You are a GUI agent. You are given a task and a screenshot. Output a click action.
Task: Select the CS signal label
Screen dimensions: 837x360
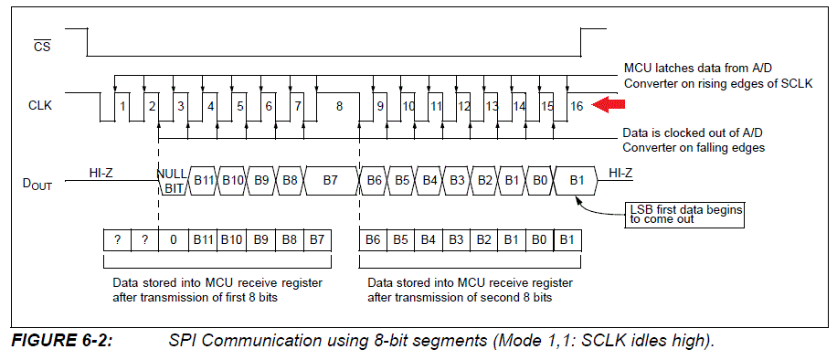[43, 46]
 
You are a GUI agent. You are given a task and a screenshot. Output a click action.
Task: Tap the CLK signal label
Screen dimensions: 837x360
[40, 106]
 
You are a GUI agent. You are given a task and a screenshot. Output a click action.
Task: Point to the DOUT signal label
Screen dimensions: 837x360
[37, 185]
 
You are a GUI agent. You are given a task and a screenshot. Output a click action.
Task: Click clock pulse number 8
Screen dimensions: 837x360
[339, 106]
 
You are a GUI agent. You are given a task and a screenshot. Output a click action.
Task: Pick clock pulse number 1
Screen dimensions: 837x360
[122, 106]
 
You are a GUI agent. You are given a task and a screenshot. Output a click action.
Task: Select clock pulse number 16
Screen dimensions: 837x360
[576, 106]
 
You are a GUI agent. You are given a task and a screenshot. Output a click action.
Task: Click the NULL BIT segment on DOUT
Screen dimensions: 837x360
[173, 181]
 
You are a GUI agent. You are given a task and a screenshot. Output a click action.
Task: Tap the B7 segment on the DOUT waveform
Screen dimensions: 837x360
[331, 180]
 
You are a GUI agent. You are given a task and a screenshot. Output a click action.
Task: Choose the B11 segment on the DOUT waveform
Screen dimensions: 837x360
[204, 180]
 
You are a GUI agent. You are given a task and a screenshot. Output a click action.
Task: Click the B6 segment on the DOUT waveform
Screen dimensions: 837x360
[374, 180]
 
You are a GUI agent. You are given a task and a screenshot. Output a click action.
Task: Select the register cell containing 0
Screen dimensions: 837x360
[173, 239]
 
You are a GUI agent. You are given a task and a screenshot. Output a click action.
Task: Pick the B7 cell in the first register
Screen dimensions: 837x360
[317, 239]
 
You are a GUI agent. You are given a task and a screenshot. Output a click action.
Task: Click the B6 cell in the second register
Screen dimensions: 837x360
[373, 239]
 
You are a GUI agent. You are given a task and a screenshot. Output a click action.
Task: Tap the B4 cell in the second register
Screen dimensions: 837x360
[429, 239]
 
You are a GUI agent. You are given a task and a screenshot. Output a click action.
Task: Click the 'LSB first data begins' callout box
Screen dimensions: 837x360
[685, 214]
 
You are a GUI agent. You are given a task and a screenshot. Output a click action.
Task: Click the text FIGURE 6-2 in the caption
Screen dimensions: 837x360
[62, 340]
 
